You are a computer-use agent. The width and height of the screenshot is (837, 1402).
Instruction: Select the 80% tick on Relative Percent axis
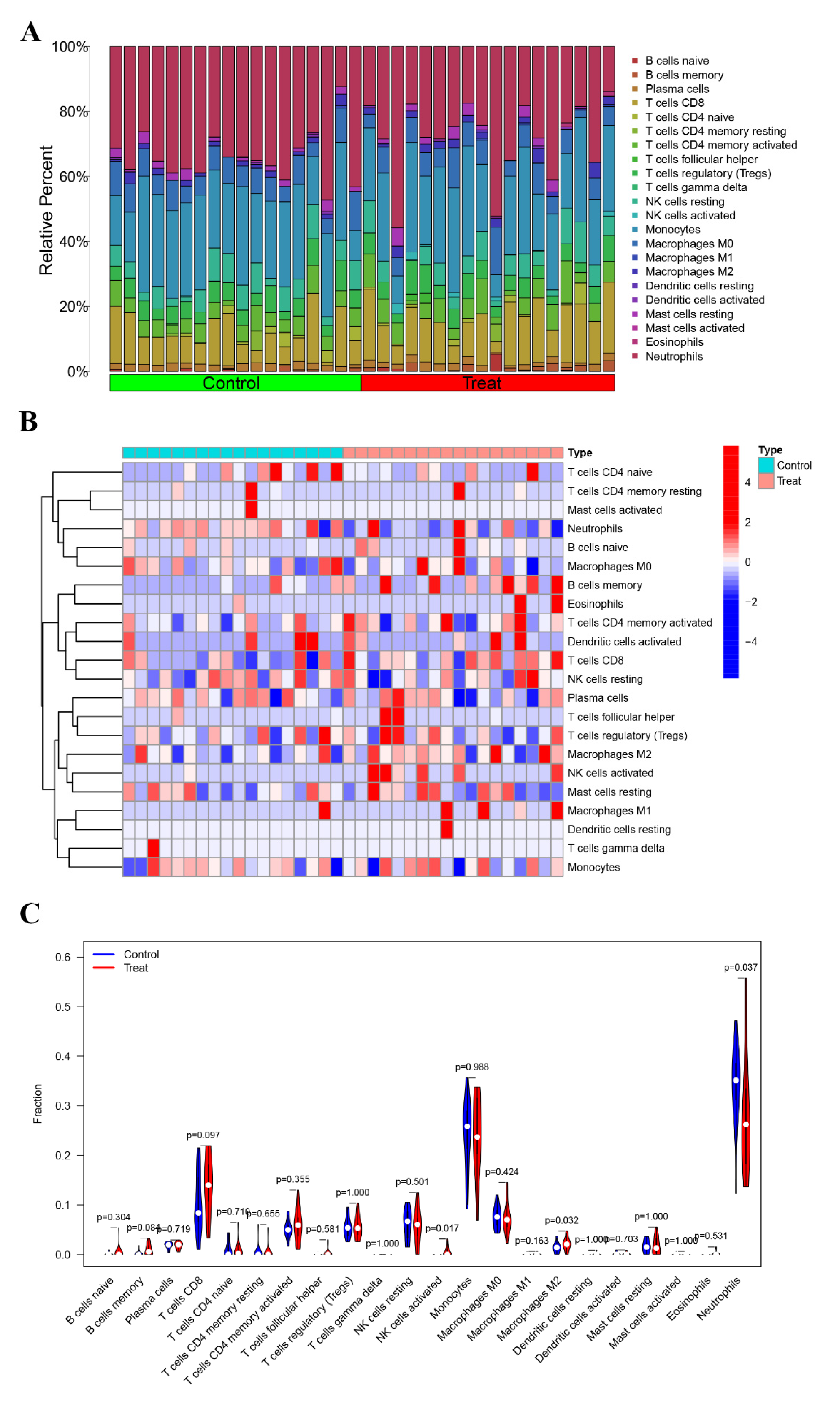point(73,112)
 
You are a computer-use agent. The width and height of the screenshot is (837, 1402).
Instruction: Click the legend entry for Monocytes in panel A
point(672,230)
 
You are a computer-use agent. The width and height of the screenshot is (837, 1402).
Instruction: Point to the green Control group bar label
point(231,383)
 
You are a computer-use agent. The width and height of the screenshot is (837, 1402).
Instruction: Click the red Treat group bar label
point(482,383)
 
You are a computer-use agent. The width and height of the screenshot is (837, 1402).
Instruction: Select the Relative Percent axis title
point(46,210)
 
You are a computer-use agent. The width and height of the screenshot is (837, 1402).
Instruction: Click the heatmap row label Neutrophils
point(595,528)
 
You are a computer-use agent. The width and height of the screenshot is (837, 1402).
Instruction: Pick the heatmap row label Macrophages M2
point(609,754)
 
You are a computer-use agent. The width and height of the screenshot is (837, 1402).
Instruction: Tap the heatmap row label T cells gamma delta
point(616,848)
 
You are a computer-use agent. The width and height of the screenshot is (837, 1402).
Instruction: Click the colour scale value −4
point(751,642)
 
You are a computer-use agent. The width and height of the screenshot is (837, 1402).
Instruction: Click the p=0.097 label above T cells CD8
point(203,1135)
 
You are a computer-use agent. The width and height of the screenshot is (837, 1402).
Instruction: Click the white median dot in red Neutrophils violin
point(746,1125)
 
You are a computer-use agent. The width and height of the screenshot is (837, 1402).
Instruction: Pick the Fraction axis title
point(37,1104)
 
